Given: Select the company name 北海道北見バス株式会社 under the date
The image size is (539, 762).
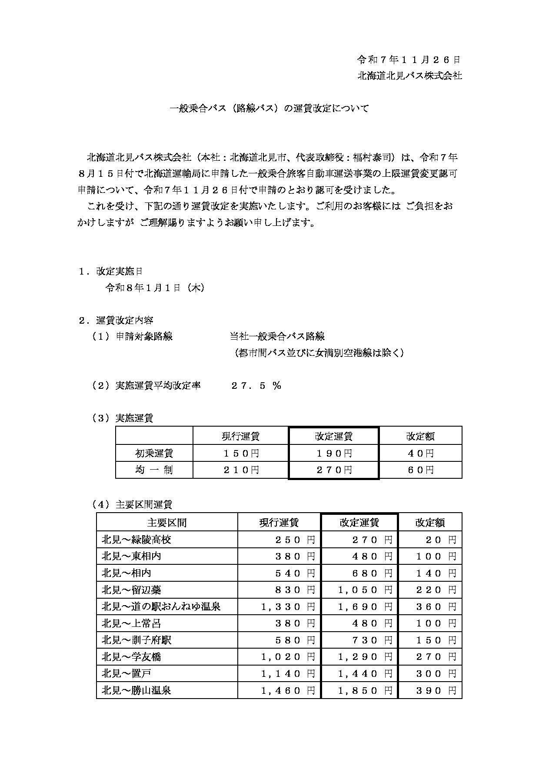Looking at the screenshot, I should (409, 76).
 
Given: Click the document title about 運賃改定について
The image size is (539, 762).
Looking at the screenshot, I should (269, 109).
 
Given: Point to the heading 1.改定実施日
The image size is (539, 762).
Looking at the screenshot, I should (110, 271).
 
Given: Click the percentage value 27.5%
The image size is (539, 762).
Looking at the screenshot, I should (256, 385).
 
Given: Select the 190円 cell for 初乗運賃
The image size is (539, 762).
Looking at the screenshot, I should (333, 454).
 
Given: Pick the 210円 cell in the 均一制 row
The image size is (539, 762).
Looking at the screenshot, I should (241, 470).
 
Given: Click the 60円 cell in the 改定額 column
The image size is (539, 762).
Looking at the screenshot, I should (420, 470).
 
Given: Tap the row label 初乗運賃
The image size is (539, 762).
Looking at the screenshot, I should (154, 454).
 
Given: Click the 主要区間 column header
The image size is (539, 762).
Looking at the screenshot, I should (167, 522).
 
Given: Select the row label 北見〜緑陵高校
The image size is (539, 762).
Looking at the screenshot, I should (136, 540).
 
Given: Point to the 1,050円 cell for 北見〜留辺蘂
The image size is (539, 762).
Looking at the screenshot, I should (365, 590).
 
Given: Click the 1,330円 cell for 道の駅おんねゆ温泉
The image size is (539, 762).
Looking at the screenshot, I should (288, 606).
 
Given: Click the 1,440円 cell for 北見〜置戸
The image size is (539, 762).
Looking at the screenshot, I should (365, 674).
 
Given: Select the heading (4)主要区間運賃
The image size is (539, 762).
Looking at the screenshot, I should (132, 504).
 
